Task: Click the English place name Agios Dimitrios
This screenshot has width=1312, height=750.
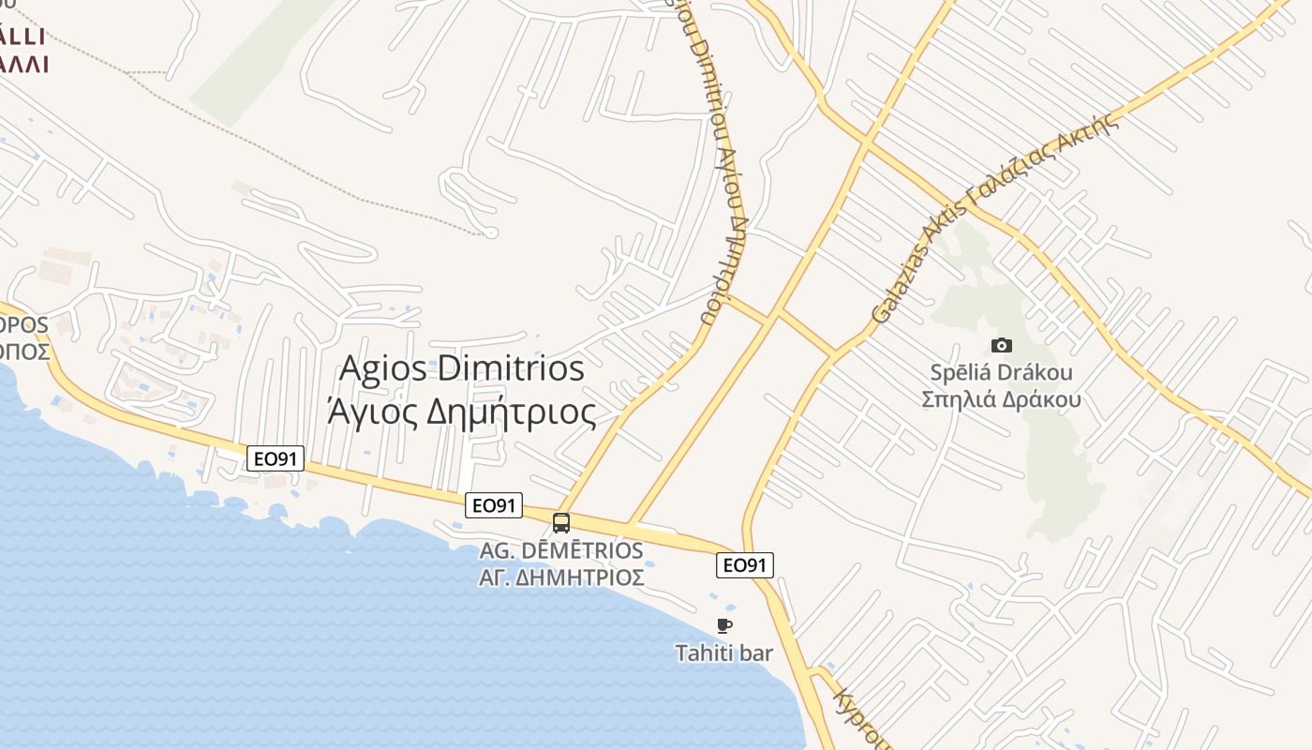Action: click(461, 368)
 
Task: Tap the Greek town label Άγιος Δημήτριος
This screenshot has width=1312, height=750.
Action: click(461, 411)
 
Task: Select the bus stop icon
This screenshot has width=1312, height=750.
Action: click(561, 523)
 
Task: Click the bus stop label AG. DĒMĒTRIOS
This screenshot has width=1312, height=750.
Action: click(561, 550)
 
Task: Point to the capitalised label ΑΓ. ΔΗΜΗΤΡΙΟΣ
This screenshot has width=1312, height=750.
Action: click(561, 577)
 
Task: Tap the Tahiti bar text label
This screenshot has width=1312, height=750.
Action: click(724, 652)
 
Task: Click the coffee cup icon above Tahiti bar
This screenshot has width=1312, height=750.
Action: click(723, 625)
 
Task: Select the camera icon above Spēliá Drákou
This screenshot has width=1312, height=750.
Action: click(1001, 345)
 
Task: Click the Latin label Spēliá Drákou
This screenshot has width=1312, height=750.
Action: click(1001, 372)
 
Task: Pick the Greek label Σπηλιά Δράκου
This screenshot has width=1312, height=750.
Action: click(1001, 399)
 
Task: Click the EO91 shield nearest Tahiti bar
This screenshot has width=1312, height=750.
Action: click(745, 565)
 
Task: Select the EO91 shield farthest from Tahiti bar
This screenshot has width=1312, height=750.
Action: click(276, 458)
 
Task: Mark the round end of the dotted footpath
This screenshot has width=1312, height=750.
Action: click(490, 232)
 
